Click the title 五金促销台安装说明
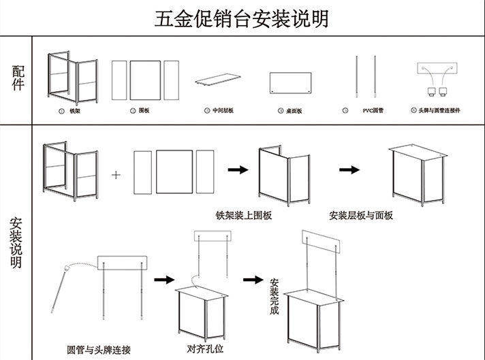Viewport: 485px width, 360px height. tap(242, 18)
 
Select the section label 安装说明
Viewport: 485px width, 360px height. tap(16, 242)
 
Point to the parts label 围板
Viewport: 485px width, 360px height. tap(144, 110)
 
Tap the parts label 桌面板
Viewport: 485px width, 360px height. tap(294, 110)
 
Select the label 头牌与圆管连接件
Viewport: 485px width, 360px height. tap(439, 110)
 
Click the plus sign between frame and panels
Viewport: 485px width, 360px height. tap(116, 174)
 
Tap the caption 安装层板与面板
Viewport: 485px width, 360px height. tap(360, 215)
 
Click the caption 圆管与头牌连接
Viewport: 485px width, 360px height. tap(95, 348)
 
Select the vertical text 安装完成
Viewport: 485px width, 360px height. tap(274, 296)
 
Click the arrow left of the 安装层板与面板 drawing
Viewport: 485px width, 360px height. tap(349, 170)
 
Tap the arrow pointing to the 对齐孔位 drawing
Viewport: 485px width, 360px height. tap(162, 279)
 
